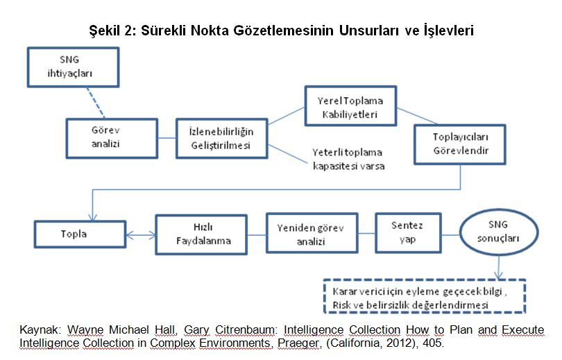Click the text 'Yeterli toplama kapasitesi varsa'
point(348,160)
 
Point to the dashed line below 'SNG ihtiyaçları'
point(95,103)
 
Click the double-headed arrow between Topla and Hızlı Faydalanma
point(141,235)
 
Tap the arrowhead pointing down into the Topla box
point(92,217)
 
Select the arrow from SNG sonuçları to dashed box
point(499,267)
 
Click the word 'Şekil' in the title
point(104,31)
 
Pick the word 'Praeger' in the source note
point(298,343)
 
